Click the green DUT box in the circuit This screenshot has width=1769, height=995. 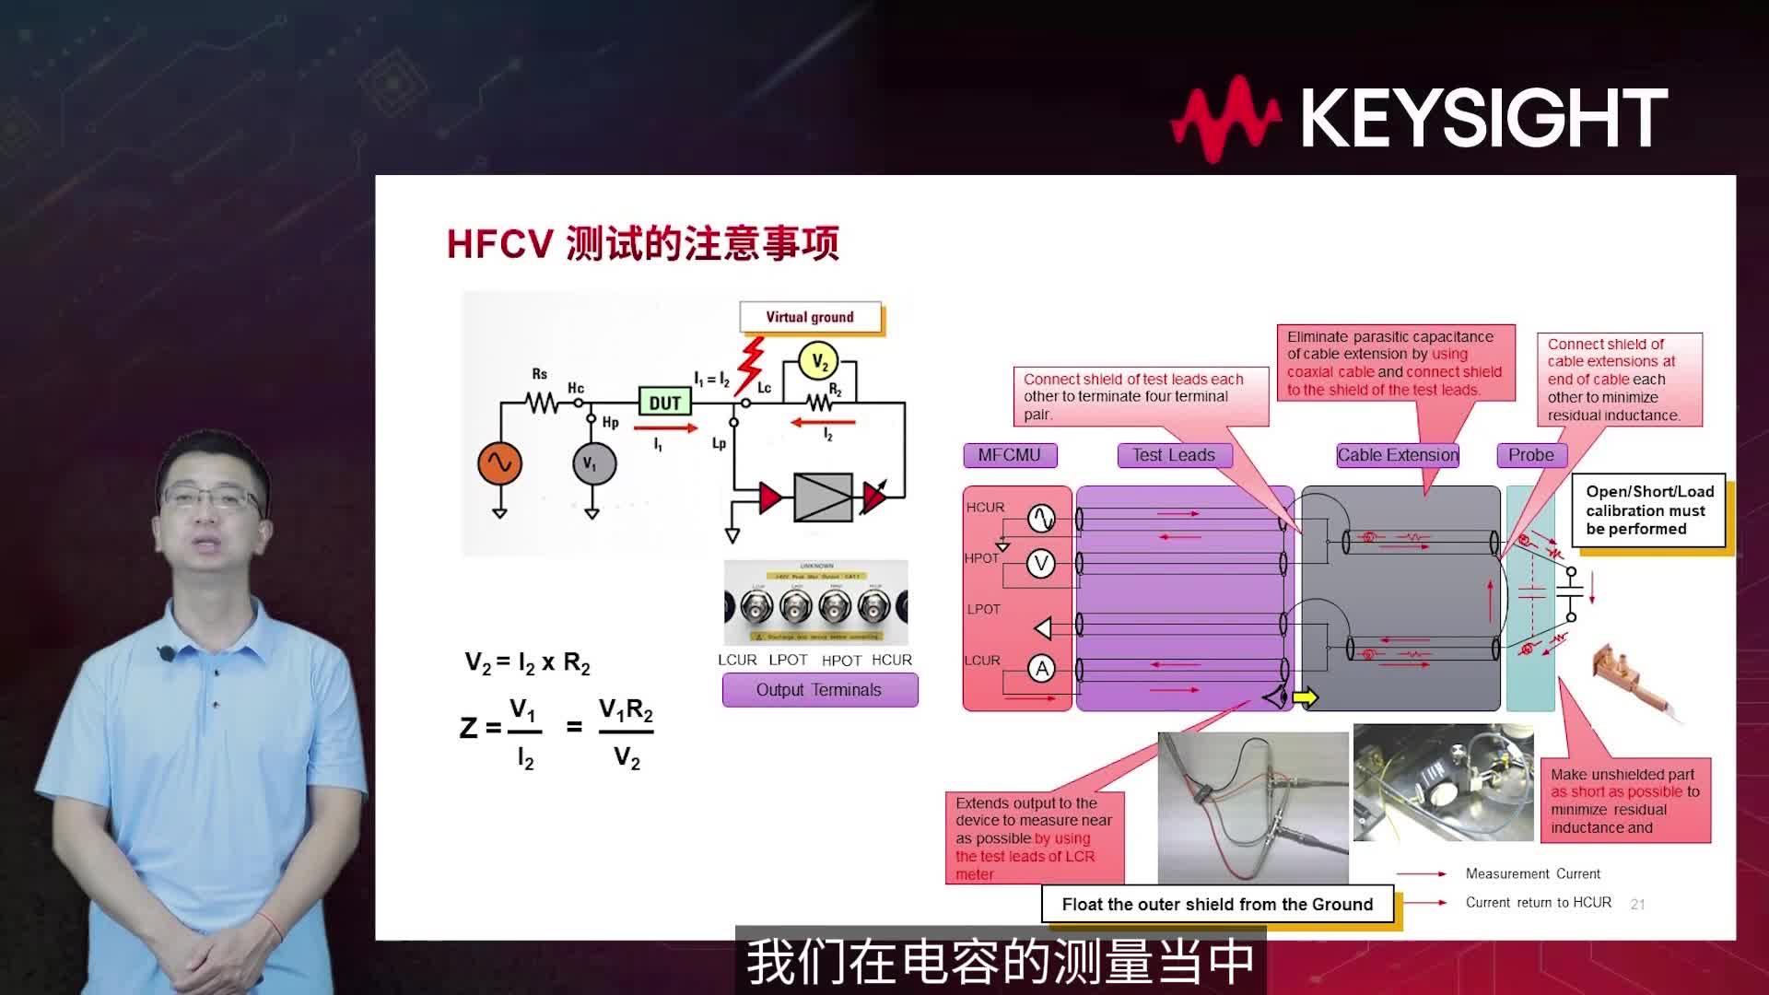(x=664, y=403)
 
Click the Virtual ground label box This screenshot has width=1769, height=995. (x=810, y=317)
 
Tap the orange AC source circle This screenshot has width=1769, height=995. (x=499, y=463)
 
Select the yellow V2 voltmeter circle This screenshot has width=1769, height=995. (x=819, y=361)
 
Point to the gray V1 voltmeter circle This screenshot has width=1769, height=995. (x=592, y=463)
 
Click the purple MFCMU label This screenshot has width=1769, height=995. (x=1010, y=455)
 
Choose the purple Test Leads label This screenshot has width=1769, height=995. (x=1174, y=455)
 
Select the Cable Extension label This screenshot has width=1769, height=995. (x=1398, y=455)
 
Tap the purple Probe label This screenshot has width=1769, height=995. (x=1531, y=455)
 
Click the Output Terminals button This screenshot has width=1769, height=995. (x=819, y=690)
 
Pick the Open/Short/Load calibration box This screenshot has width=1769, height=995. (x=1649, y=510)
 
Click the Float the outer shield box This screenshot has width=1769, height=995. (x=1217, y=904)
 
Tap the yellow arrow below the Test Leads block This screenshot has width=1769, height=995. (x=1306, y=697)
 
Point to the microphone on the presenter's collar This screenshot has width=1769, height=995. (x=167, y=653)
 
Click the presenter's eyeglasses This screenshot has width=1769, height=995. (x=212, y=500)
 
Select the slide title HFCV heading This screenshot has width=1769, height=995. (x=643, y=244)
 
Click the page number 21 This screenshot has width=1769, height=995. (x=1637, y=905)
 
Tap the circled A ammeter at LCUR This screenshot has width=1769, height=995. (x=1041, y=669)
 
